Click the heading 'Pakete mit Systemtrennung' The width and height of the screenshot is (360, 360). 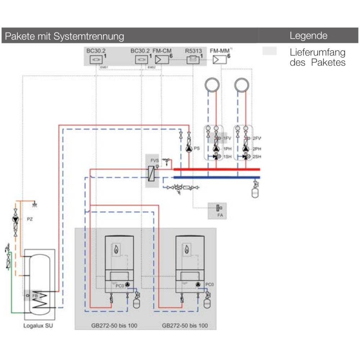pos(64,36)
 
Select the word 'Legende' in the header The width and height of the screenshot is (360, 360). pos(309,36)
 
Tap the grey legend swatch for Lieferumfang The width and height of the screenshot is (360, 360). pos(270,51)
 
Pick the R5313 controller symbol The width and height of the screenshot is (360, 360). pos(193,60)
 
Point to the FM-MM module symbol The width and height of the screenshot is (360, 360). pos(218,60)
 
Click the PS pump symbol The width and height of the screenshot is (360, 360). pos(188,148)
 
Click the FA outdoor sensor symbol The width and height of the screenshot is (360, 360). pos(217,208)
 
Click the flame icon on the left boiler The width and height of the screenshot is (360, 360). pos(116,249)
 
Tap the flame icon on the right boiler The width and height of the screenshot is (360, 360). pos(186,249)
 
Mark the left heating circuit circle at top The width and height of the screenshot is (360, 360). pos(212,85)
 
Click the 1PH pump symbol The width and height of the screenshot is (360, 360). pos(216,149)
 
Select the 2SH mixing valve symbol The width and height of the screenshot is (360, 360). pos(246,157)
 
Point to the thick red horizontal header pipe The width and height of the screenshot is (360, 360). pos(216,169)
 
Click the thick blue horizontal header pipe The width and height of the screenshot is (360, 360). pos(216,177)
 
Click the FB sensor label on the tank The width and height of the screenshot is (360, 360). pos(35,295)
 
